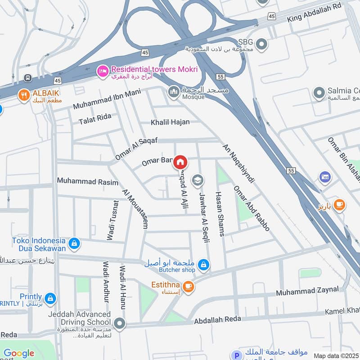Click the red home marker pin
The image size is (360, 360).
[180, 162]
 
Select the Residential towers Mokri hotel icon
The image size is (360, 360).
[103, 70]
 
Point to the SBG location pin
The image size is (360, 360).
[262, 45]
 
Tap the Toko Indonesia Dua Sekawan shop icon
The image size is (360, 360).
[74, 244]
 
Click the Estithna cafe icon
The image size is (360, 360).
[188, 285]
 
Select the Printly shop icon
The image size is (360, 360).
[50, 298]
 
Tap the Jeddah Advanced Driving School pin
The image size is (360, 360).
[119, 323]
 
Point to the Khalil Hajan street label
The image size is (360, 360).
[170, 122]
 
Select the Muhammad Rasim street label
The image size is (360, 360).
[87, 182]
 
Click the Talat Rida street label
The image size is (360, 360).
[94, 119]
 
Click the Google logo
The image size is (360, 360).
[19, 353]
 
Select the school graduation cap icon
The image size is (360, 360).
[197, 181]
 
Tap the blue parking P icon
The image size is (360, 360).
[234, 355]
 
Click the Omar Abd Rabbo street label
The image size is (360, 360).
[251, 209]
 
